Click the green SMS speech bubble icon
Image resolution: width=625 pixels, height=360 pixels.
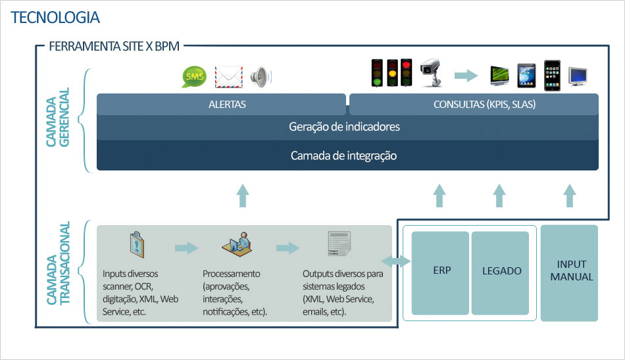pyautogui.click(x=194, y=77)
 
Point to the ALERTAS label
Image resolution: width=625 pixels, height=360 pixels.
pyautogui.click(x=227, y=105)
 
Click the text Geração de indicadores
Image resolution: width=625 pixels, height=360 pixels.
pyautogui.click(x=344, y=126)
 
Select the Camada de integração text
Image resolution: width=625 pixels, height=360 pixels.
pyautogui.click(x=344, y=156)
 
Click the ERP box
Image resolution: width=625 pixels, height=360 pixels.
pyautogui.click(x=441, y=270)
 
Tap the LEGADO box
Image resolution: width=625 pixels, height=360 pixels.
pyautogui.click(x=501, y=270)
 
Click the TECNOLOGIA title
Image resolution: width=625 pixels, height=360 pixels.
pyautogui.click(x=55, y=18)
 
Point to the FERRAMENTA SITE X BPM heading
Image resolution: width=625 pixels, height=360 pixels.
pyautogui.click(x=114, y=47)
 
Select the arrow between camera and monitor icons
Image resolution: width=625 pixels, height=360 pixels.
pyautogui.click(x=466, y=76)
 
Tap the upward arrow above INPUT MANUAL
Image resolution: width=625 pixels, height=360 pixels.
pyautogui.click(x=570, y=195)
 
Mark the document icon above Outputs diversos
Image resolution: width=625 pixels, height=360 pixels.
pyautogui.click(x=338, y=244)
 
